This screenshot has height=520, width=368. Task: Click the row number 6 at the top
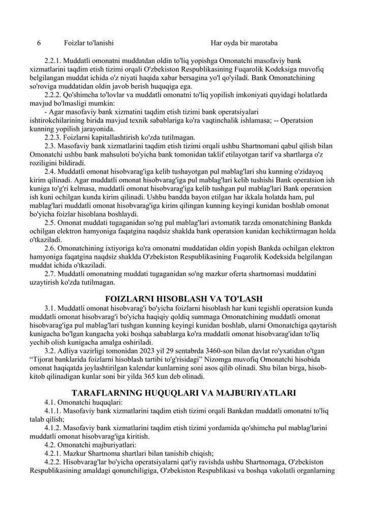39,43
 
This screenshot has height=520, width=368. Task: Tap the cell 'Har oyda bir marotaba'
243,43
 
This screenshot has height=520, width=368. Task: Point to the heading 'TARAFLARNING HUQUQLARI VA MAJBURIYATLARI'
183,392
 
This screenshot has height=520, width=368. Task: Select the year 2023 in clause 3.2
164,351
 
